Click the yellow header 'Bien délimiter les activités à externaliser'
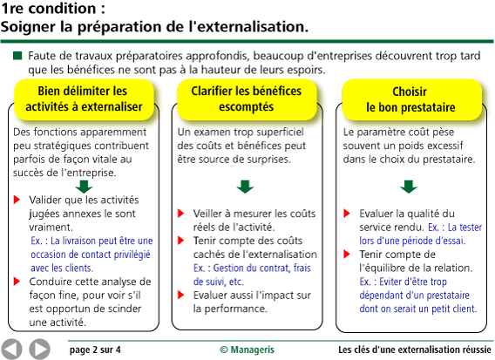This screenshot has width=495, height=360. pos(83,98)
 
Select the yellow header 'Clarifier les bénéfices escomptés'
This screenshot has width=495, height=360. pos(246,98)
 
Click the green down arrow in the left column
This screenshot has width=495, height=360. pos(84,186)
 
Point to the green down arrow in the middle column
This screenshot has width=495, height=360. pos(246,186)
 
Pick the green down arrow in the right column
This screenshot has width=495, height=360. pos(409,186)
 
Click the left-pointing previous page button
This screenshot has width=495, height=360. pos(12,349)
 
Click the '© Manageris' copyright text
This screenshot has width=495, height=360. pos(247,350)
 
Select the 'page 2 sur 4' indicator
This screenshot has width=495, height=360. pos(95,350)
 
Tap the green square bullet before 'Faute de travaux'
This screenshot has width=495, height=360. pos(17,56)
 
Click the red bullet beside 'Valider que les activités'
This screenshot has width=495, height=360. pos(17,200)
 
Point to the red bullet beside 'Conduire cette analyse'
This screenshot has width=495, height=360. pos(17,282)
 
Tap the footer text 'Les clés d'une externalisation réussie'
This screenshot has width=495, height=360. pos(414,350)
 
